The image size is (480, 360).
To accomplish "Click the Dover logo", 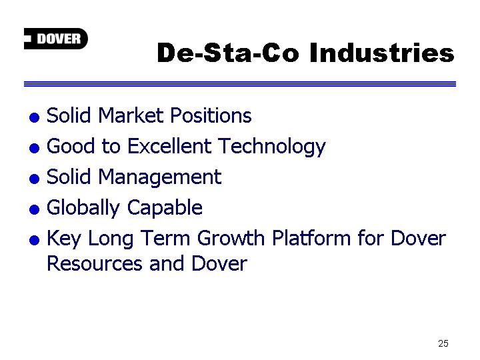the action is (56, 39).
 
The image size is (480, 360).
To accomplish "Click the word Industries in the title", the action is (382, 53).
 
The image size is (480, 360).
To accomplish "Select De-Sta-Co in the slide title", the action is (228, 53).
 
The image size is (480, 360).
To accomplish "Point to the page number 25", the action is (443, 343).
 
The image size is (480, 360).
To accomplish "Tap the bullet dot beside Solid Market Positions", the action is (34, 117).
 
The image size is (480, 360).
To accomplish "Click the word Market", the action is (131, 115).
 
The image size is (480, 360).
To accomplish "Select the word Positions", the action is (211, 115).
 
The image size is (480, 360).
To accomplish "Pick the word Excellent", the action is (169, 146).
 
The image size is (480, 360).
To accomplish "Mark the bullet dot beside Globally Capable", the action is (34, 210).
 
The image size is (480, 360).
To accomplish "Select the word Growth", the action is (231, 238).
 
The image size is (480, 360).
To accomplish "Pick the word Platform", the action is (311, 238).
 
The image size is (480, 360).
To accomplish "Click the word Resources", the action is (95, 263).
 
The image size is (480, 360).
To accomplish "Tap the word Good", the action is (71, 146).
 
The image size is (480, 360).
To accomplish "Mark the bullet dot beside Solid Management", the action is (34, 179).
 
